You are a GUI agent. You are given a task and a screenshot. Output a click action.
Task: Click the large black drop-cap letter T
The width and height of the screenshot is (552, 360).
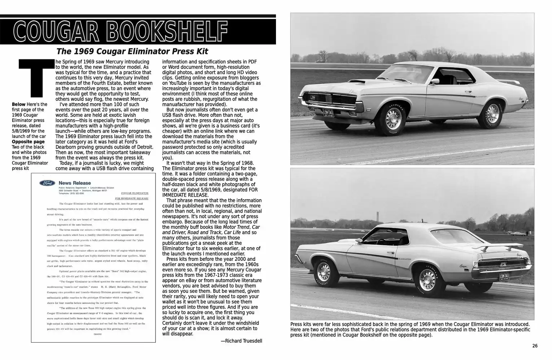(x=33, y=78)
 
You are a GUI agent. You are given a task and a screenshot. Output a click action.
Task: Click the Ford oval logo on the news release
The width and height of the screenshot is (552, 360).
(x=47, y=183)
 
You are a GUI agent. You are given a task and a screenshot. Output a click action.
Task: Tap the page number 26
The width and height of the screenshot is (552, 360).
(x=535, y=346)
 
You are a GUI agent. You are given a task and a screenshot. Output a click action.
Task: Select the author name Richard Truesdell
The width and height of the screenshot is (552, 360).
(x=241, y=341)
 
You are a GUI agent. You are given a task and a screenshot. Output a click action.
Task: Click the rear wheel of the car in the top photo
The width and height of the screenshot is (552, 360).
(x=492, y=112)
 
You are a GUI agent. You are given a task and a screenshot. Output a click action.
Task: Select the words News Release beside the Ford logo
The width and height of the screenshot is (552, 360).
(x=75, y=183)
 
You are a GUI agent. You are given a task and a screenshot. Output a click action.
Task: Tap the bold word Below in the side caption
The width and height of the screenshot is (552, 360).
(x=18, y=104)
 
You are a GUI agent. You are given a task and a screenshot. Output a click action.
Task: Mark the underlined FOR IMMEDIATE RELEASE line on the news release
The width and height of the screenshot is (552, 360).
(x=131, y=198)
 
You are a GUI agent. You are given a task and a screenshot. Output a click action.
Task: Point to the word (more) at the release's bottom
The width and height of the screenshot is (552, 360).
(x=97, y=334)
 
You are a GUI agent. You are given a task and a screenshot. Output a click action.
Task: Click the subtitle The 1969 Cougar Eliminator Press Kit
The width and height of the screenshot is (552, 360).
(x=132, y=51)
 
